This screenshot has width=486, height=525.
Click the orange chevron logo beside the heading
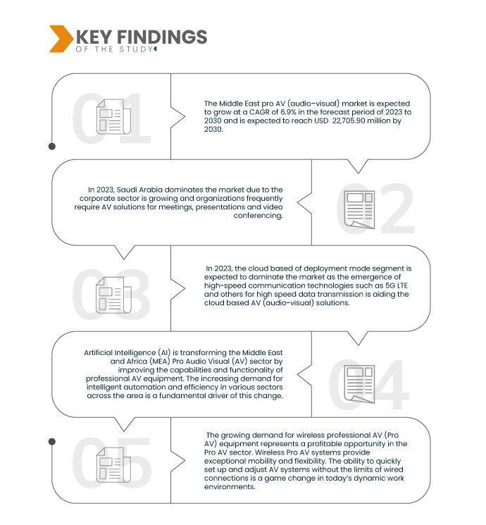pyautogui.click(x=60, y=39)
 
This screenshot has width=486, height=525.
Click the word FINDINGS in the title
pyautogui.click(x=168, y=37)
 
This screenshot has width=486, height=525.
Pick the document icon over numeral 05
pyautogui.click(x=111, y=466)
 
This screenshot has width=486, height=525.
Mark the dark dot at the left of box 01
pyautogui.click(x=52, y=147)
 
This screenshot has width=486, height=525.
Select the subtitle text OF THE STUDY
pyautogui.click(x=112, y=49)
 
